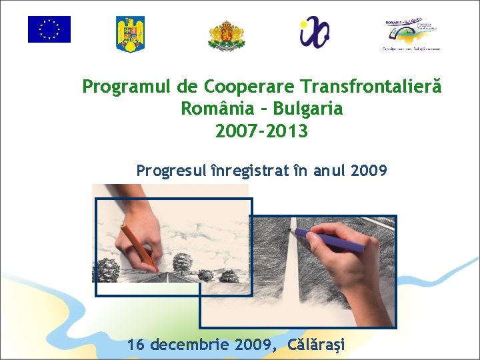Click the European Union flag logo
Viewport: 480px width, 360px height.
[x=49, y=29]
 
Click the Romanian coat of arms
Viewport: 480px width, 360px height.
[x=131, y=34]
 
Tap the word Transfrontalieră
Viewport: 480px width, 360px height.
[x=371, y=87]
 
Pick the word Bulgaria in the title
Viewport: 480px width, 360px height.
[x=307, y=109]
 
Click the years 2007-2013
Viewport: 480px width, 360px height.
[x=261, y=131]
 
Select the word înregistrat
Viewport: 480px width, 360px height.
[x=249, y=171]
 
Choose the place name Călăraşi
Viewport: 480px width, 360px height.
[x=317, y=345]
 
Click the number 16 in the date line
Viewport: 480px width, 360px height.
[x=136, y=345]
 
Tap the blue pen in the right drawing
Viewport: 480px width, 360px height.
[x=331, y=239]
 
